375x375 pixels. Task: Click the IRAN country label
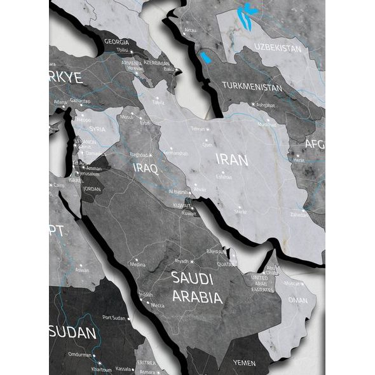click(x=232, y=160)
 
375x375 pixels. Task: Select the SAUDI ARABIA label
click(x=196, y=287)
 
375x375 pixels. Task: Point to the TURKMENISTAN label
click(x=252, y=87)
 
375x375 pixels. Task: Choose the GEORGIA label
click(x=116, y=42)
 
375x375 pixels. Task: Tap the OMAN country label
click(x=297, y=300)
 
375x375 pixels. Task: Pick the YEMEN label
click(x=244, y=363)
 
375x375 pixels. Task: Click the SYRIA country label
click(x=97, y=129)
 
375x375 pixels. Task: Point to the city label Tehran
click(x=198, y=129)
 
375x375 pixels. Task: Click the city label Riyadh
click(x=182, y=261)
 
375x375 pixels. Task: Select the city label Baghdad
click(x=139, y=154)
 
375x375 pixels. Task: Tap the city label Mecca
click(x=157, y=305)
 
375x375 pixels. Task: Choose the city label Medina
click(x=137, y=264)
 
